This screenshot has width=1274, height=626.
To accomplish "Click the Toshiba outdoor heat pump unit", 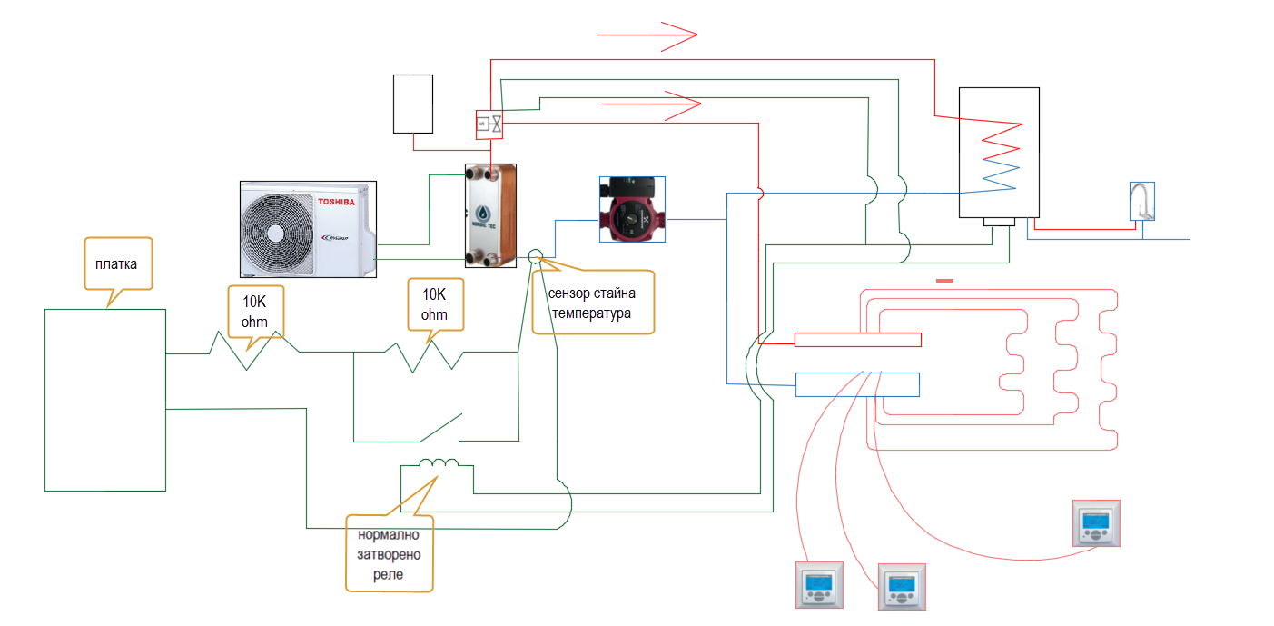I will pos(308,229).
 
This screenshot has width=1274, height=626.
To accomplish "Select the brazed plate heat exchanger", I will pos(490,215).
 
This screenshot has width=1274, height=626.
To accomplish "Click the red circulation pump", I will pos(632,210).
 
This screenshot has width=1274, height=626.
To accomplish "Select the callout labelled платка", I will pos(118,265).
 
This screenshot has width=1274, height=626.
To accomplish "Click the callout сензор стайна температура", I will pos(591,303).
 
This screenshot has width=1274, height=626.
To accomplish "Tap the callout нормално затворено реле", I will pos(390,553).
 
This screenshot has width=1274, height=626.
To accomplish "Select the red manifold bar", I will pos(858,340).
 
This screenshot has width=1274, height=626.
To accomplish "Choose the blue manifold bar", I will pos(857,384).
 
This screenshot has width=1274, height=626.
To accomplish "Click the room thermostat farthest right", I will pos(1096,523).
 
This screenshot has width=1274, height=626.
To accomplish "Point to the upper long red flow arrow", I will pos(647,35).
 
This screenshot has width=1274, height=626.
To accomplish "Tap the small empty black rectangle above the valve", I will pos(413,104).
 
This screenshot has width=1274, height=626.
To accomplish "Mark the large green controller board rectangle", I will pos(105,400).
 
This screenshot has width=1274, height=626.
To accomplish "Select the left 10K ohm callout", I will pos(254,312).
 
